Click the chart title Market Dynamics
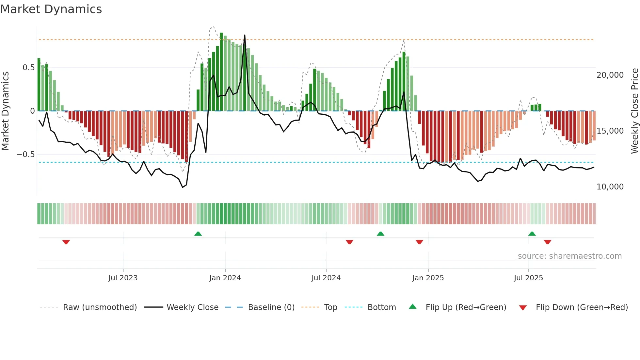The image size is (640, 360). (x=51, y=9)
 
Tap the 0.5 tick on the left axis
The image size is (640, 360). (x=28, y=68)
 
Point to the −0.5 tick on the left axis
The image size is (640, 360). (x=26, y=154)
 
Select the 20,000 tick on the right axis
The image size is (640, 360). (x=610, y=75)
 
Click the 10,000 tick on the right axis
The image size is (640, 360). (x=610, y=187)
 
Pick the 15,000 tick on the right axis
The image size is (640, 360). (x=610, y=131)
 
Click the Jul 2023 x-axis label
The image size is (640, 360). (x=123, y=278)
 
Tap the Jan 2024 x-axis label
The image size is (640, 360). (x=225, y=278)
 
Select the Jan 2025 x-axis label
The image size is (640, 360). (x=428, y=278)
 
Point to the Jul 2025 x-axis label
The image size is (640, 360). (x=528, y=278)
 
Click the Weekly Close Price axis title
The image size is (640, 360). (x=634, y=111)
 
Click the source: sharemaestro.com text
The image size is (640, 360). (x=569, y=256)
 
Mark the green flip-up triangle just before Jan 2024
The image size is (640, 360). (x=198, y=234)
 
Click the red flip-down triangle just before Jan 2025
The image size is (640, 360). (x=419, y=242)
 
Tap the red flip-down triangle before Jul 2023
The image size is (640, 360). (x=66, y=242)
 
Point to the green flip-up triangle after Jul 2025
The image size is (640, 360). (x=532, y=234)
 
